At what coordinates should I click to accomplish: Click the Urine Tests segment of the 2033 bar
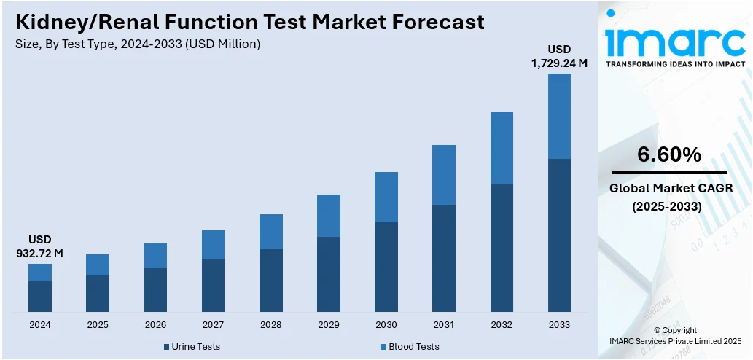[559, 235]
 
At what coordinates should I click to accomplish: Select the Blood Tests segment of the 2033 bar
[559, 116]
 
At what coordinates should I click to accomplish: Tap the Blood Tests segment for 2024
[40, 273]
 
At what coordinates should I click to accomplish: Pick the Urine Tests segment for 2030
[386, 267]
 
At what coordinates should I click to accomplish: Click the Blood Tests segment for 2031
[444, 175]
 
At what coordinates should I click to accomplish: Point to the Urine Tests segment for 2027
[213, 286]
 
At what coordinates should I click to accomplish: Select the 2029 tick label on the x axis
[329, 324]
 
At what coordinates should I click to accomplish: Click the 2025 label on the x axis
[98, 324]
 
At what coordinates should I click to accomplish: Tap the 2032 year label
[502, 324]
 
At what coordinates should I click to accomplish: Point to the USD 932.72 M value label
[40, 246]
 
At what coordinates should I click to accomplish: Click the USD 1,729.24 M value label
[559, 56]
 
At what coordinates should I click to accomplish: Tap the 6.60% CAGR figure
[668, 154]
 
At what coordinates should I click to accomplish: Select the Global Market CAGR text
[668, 188]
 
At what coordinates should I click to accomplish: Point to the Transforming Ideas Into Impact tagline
[676, 64]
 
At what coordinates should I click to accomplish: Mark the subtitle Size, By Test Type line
[138, 44]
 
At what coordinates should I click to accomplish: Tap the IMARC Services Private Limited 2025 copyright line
[675, 340]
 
